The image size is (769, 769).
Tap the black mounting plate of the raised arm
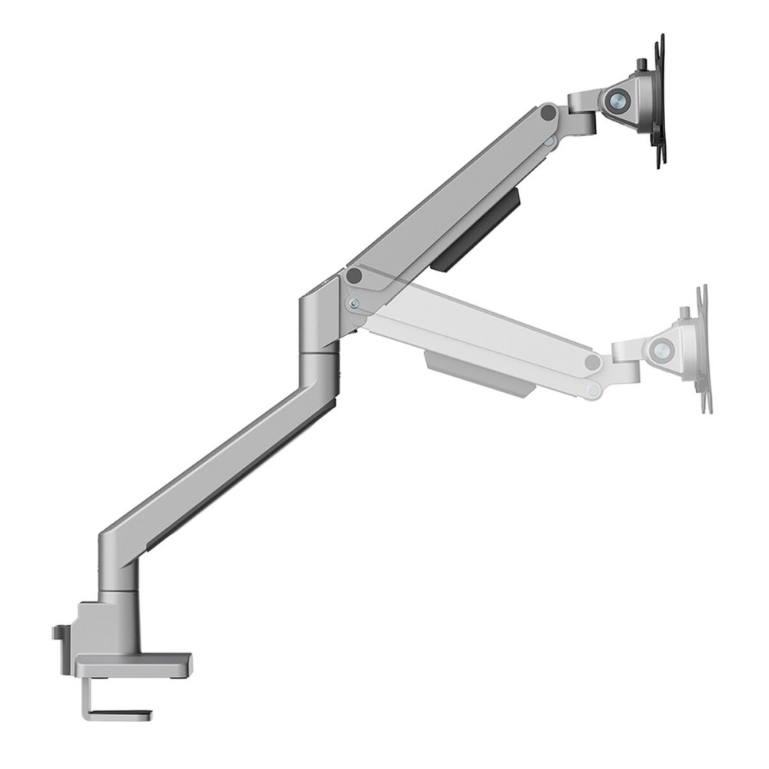coord(659,100)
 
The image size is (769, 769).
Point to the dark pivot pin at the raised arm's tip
coord(548,112)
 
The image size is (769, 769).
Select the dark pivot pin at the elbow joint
coord(354,275)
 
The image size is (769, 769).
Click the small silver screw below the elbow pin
coord(353,303)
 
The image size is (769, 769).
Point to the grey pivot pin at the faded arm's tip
coord(592,362)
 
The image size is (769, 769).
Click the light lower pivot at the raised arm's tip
coord(548,142)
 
